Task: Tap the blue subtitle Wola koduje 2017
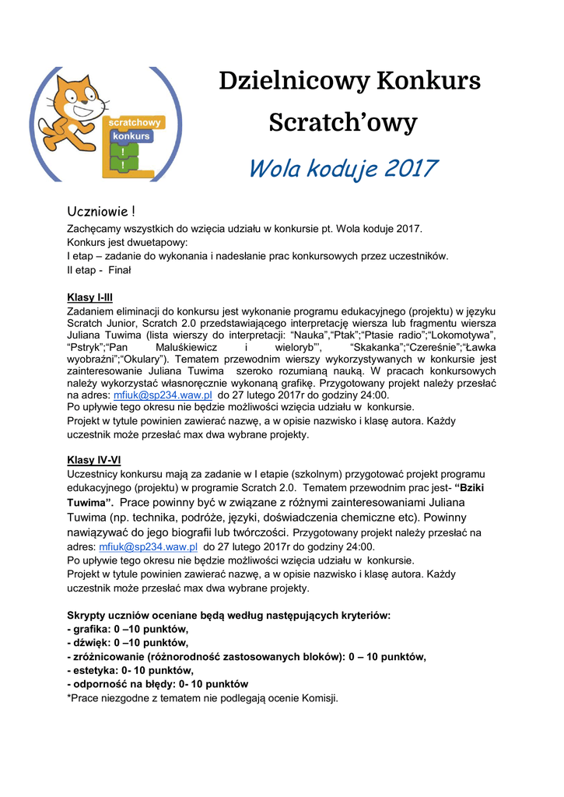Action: [342, 168]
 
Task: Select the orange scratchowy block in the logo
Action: [135, 122]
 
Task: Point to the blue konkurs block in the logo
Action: [131, 136]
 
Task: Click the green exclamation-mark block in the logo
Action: [123, 157]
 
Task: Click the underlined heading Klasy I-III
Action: [90, 297]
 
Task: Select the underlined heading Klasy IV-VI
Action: [93, 460]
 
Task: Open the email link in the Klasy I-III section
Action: [163, 395]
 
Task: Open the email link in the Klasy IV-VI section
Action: [148, 547]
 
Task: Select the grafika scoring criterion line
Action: [128, 629]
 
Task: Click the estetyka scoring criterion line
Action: [131, 670]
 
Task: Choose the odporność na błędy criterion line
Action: [158, 684]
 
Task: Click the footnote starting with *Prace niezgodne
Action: [203, 698]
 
